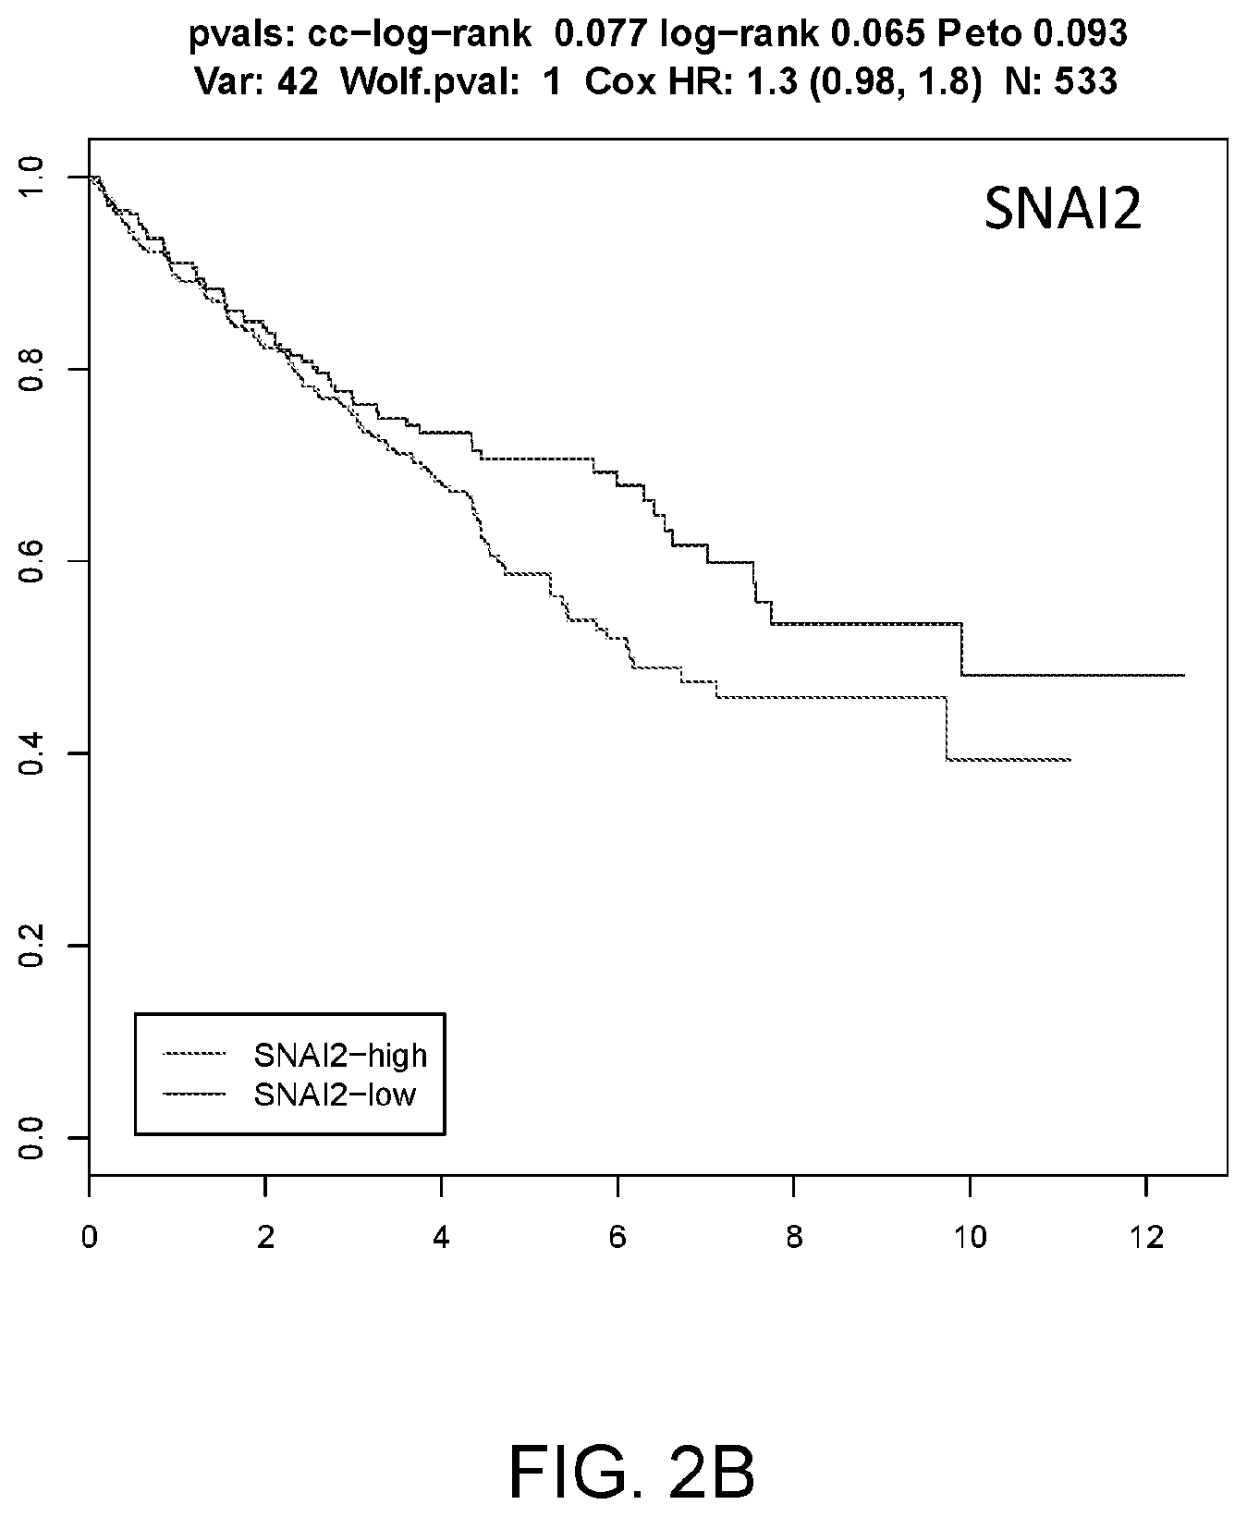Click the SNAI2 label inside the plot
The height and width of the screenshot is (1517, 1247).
1062,212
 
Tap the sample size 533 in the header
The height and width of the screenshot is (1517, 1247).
1090,83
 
